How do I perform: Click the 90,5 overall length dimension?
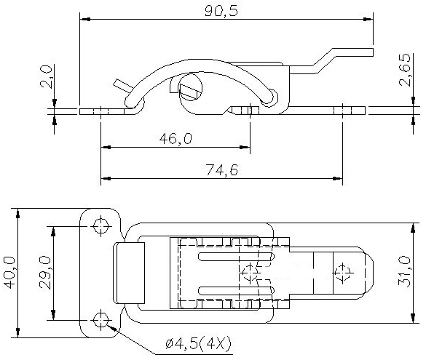tap(221, 11)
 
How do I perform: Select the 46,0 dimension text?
tap(175, 139)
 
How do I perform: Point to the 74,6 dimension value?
tap(221, 170)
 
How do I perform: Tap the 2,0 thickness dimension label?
tap(46, 76)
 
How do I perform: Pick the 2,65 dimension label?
tap(405, 70)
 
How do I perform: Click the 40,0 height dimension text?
tap(9, 273)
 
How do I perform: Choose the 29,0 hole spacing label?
tap(45, 273)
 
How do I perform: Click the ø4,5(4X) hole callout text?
tap(198, 344)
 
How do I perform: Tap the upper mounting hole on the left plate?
tap(100, 226)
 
